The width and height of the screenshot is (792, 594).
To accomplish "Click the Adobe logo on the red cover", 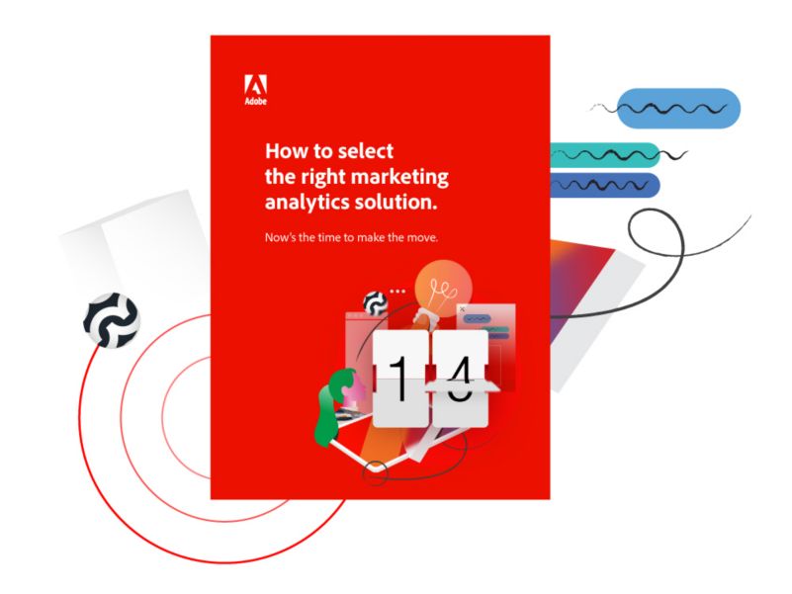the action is coord(255,90).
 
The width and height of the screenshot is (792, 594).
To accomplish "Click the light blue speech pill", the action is coord(678,109).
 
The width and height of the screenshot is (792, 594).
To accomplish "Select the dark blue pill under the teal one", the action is coord(604,186).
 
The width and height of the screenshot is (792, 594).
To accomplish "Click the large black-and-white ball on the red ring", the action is coord(111,320).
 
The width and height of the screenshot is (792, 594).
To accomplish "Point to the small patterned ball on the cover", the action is coord(376,302).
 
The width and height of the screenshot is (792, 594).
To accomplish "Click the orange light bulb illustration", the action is coord(441,288).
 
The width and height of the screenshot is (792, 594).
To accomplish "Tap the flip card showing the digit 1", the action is coord(400,378).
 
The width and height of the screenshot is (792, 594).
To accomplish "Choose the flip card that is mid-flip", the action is coord(460,379).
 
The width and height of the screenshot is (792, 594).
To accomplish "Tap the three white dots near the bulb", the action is coord(397,292).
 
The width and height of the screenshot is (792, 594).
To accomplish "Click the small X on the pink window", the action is coord(462,309).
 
